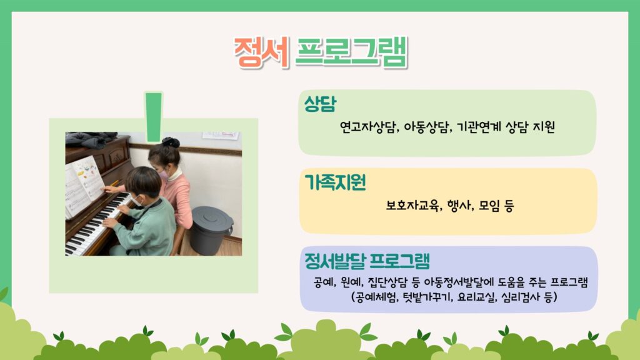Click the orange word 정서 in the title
click(262, 52)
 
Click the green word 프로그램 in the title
click(351, 52)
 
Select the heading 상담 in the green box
click(321, 104)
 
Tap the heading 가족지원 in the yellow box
click(335, 182)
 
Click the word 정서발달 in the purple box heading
click(335, 261)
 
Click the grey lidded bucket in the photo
click(211, 231)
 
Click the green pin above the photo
click(154, 117)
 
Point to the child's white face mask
click(137, 201)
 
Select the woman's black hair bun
click(171, 142)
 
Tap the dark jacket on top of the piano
click(91, 139)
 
